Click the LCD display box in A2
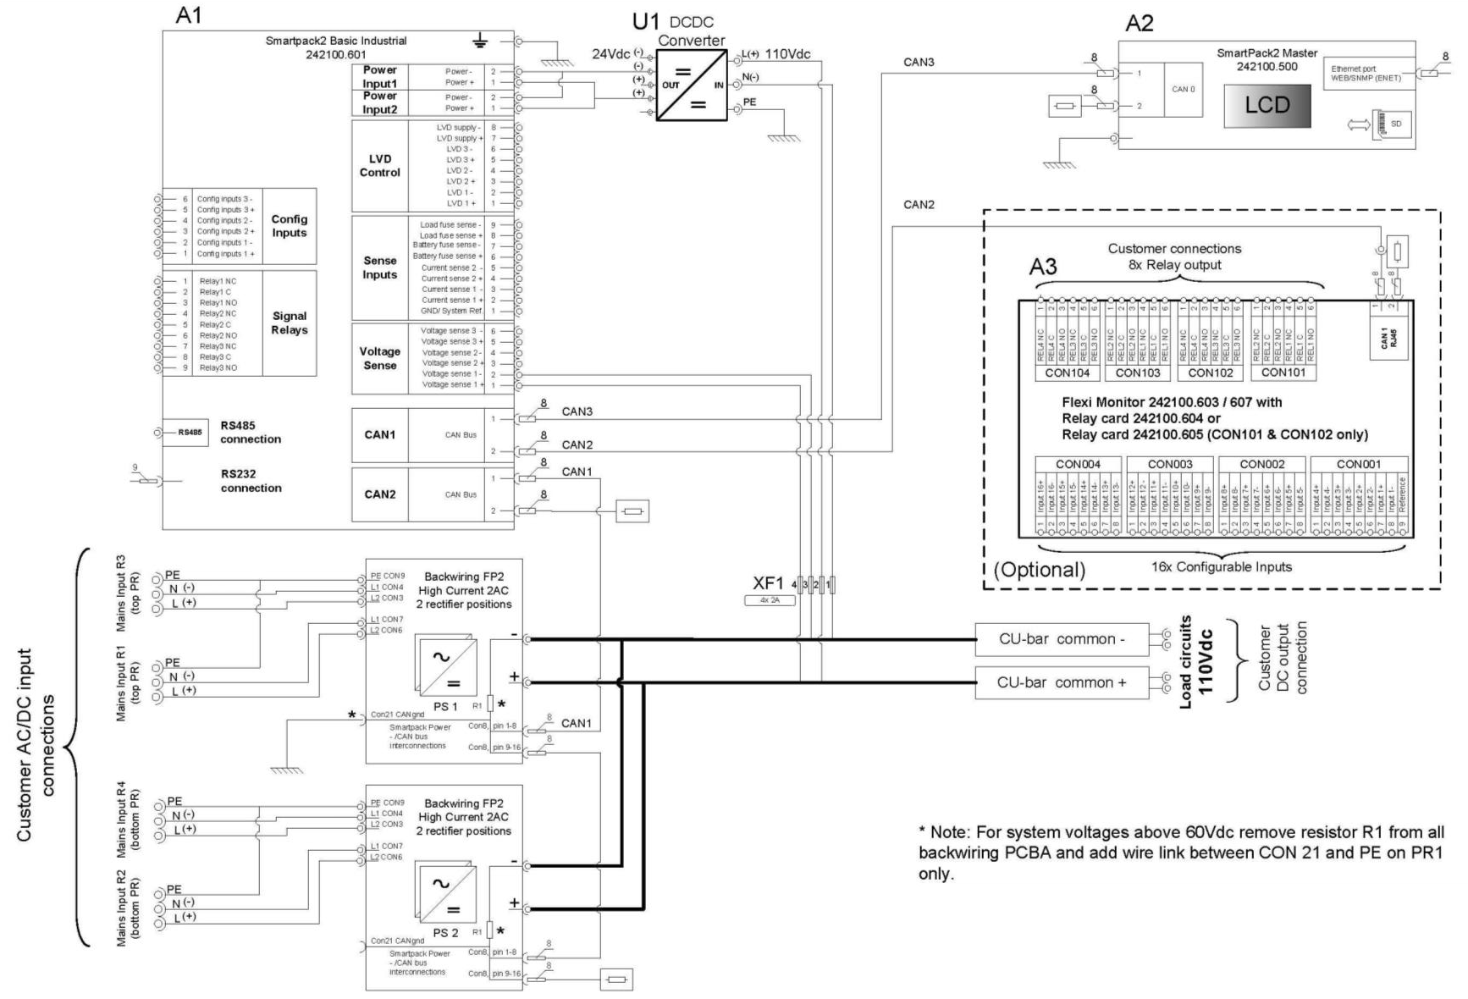(1267, 105)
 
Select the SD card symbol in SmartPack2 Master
(1388, 124)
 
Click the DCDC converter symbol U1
(692, 85)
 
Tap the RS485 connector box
(190, 433)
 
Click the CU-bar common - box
(1062, 639)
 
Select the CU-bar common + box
(1062, 682)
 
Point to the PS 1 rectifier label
(445, 706)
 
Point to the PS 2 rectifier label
(445, 932)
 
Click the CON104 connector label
(1067, 373)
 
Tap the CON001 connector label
(1358, 464)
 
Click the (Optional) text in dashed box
(1039, 569)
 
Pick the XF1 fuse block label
(768, 582)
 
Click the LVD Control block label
(379, 165)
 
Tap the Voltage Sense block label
(379, 358)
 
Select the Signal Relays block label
(289, 323)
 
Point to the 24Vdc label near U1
(611, 54)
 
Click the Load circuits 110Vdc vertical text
(1195, 661)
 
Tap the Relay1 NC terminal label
(218, 281)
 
